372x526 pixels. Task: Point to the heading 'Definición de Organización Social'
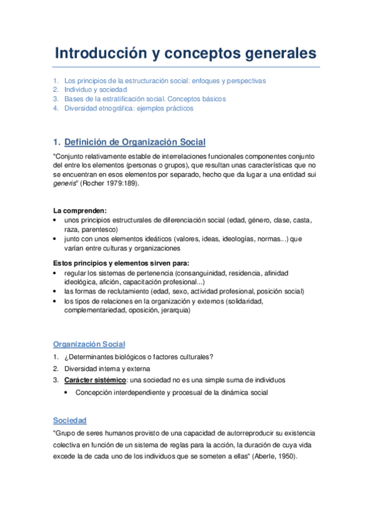coord(135,142)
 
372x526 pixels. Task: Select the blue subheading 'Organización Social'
coord(89,344)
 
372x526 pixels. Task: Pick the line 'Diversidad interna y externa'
coord(106,368)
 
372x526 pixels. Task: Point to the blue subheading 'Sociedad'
coord(70,421)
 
